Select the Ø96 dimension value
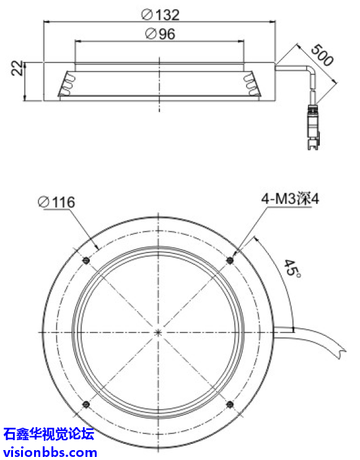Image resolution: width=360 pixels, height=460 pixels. coord(160,34)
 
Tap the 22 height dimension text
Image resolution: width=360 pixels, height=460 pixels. coord(16,68)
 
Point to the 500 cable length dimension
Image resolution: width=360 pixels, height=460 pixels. coord(322,55)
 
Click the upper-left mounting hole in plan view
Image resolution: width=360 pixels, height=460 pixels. coord(86,260)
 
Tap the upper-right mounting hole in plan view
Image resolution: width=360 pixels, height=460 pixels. coord(231,260)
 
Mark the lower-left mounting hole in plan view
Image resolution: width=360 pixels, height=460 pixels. coord(86,405)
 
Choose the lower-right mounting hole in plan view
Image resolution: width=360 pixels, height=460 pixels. coord(231,405)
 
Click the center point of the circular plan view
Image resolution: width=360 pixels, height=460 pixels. coord(159,332)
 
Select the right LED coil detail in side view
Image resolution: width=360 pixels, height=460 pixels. coord(251,85)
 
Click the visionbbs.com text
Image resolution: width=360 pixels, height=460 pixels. coord(50,451)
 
